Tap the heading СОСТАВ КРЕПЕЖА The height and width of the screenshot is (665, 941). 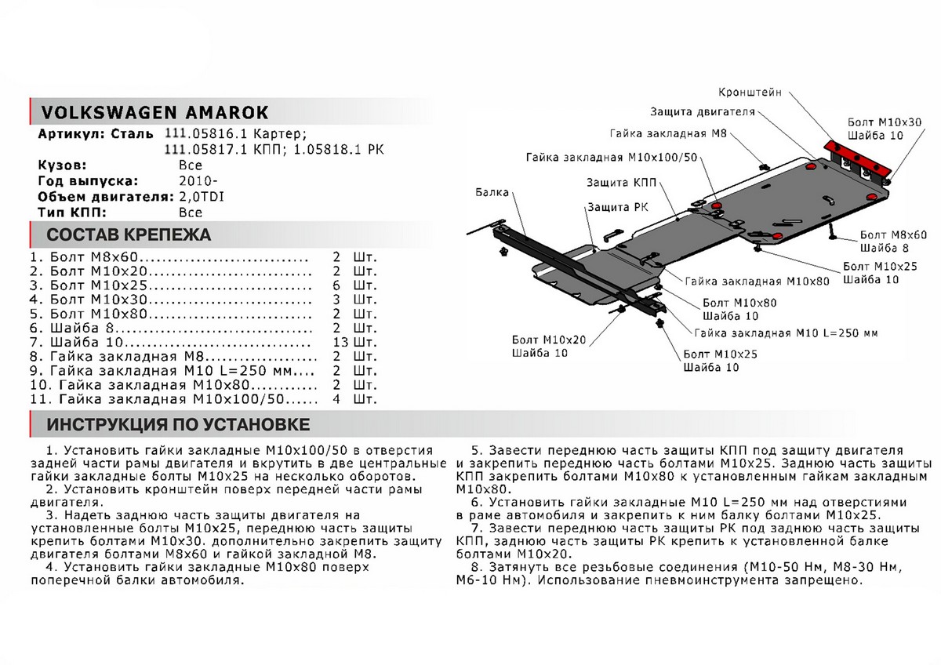coord(129,235)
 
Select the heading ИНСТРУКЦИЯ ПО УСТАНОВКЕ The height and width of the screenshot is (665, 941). coord(178,425)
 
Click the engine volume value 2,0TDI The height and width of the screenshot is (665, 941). coord(201,197)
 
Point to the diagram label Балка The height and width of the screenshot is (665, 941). coord(492,192)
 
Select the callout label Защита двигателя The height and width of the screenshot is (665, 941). coord(702,111)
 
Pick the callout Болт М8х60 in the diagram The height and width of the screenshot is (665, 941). coord(893,234)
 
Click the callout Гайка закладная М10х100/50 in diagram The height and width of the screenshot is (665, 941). coord(612,158)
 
